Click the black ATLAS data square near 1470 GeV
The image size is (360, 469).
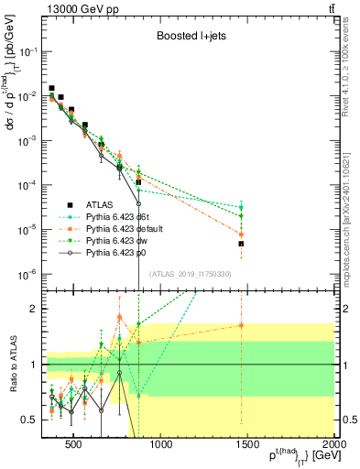click(x=241, y=244)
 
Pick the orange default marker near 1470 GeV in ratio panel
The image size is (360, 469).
click(x=241, y=325)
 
